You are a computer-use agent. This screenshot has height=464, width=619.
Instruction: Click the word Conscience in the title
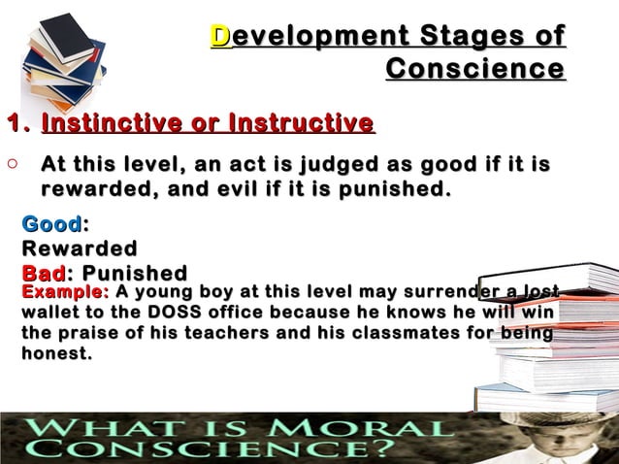[474, 70]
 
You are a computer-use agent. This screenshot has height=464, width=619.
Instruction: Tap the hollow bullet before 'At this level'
[11, 166]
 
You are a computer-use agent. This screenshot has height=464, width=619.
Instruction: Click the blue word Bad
[42, 273]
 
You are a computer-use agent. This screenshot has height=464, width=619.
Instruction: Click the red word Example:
[64, 291]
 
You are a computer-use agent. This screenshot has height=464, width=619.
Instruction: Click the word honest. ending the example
[57, 354]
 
